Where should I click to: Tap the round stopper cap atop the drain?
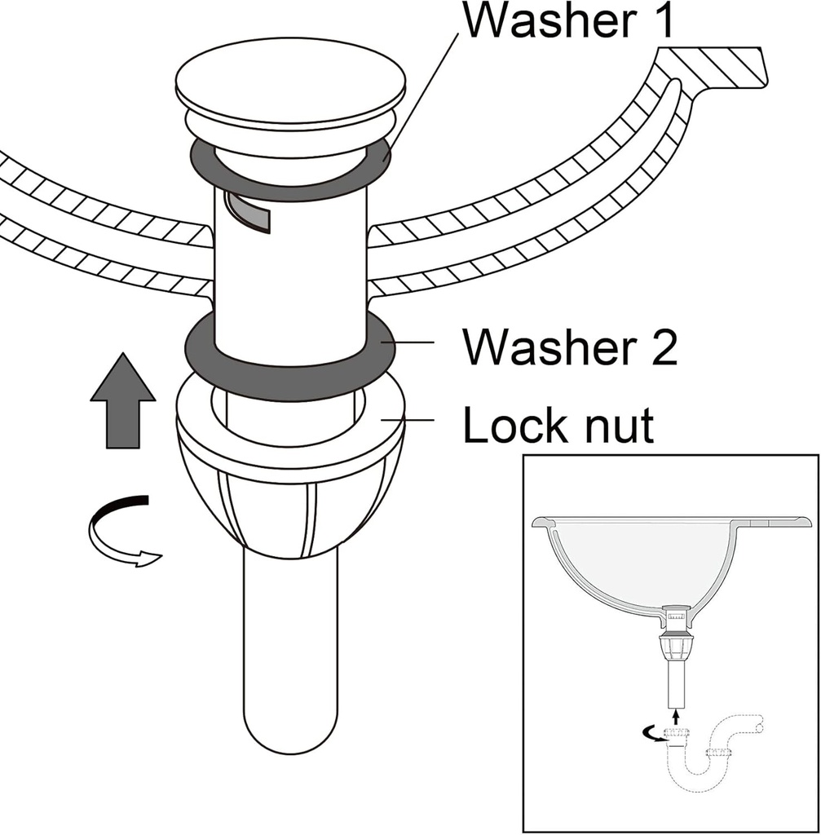(290, 89)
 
